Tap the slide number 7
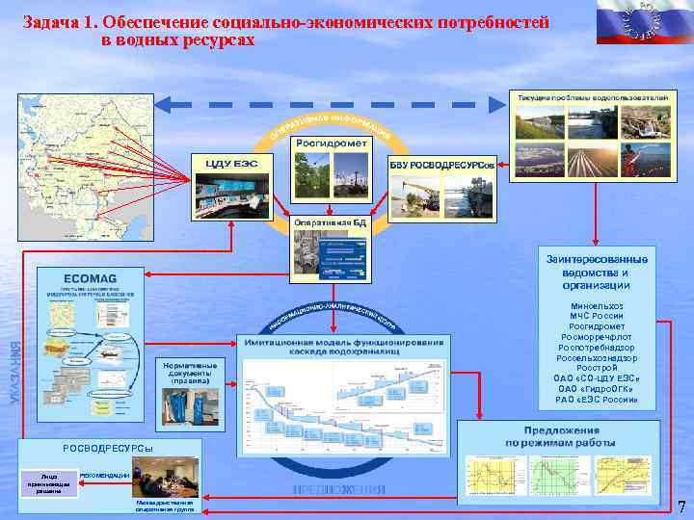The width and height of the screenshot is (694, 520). [x=681, y=507]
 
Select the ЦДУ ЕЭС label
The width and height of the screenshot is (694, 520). [x=231, y=163]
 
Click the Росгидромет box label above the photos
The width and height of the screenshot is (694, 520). [x=331, y=143]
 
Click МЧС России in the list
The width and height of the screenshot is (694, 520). [x=597, y=316]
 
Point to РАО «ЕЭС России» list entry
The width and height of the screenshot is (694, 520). [x=597, y=399]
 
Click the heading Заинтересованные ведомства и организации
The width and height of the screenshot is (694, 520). [x=597, y=272]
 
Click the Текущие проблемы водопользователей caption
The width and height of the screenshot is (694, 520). [x=592, y=99]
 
